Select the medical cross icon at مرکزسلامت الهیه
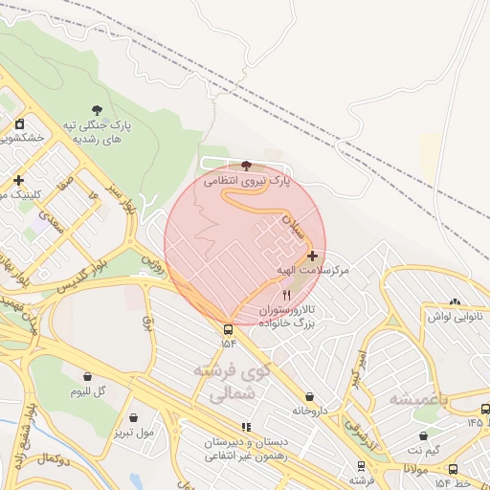(x=312, y=256)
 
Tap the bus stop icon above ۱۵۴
(x=228, y=328)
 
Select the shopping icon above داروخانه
(x=309, y=396)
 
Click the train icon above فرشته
(x=361, y=466)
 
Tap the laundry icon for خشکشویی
(x=19, y=123)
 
